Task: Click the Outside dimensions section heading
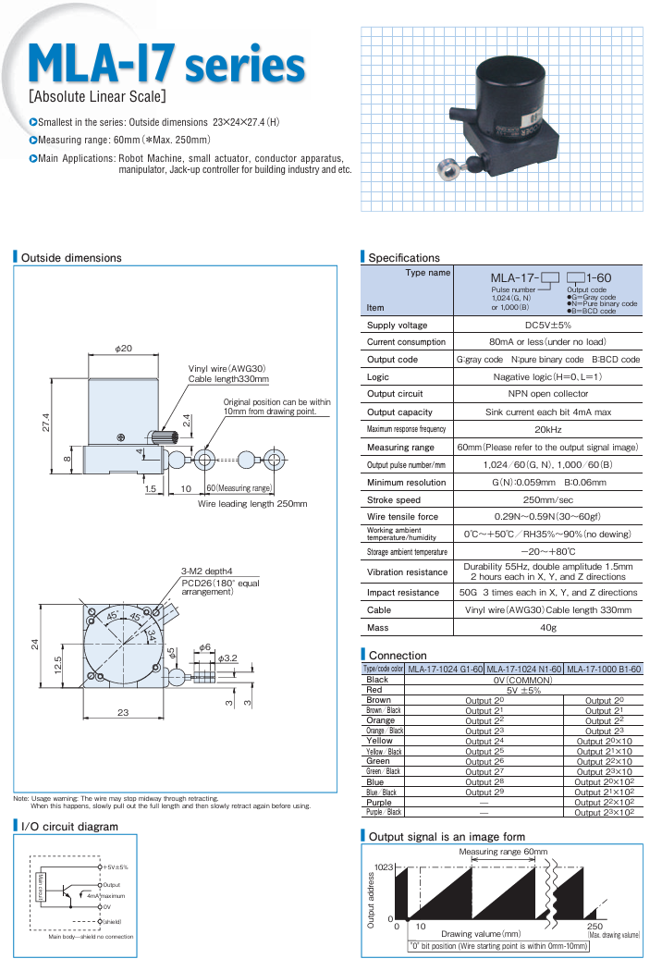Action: click(x=71, y=258)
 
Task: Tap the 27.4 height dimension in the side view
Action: click(x=44, y=422)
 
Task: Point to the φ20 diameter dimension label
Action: click(x=124, y=349)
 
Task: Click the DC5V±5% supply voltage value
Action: click(x=548, y=326)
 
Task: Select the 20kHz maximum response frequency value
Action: click(x=548, y=429)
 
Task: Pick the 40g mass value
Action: click(x=548, y=628)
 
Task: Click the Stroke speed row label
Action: click(x=395, y=499)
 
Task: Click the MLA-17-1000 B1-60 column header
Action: click(x=603, y=669)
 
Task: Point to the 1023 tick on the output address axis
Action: click(x=383, y=867)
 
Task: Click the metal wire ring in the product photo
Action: click(x=447, y=168)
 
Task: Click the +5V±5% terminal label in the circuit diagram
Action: click(x=115, y=867)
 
